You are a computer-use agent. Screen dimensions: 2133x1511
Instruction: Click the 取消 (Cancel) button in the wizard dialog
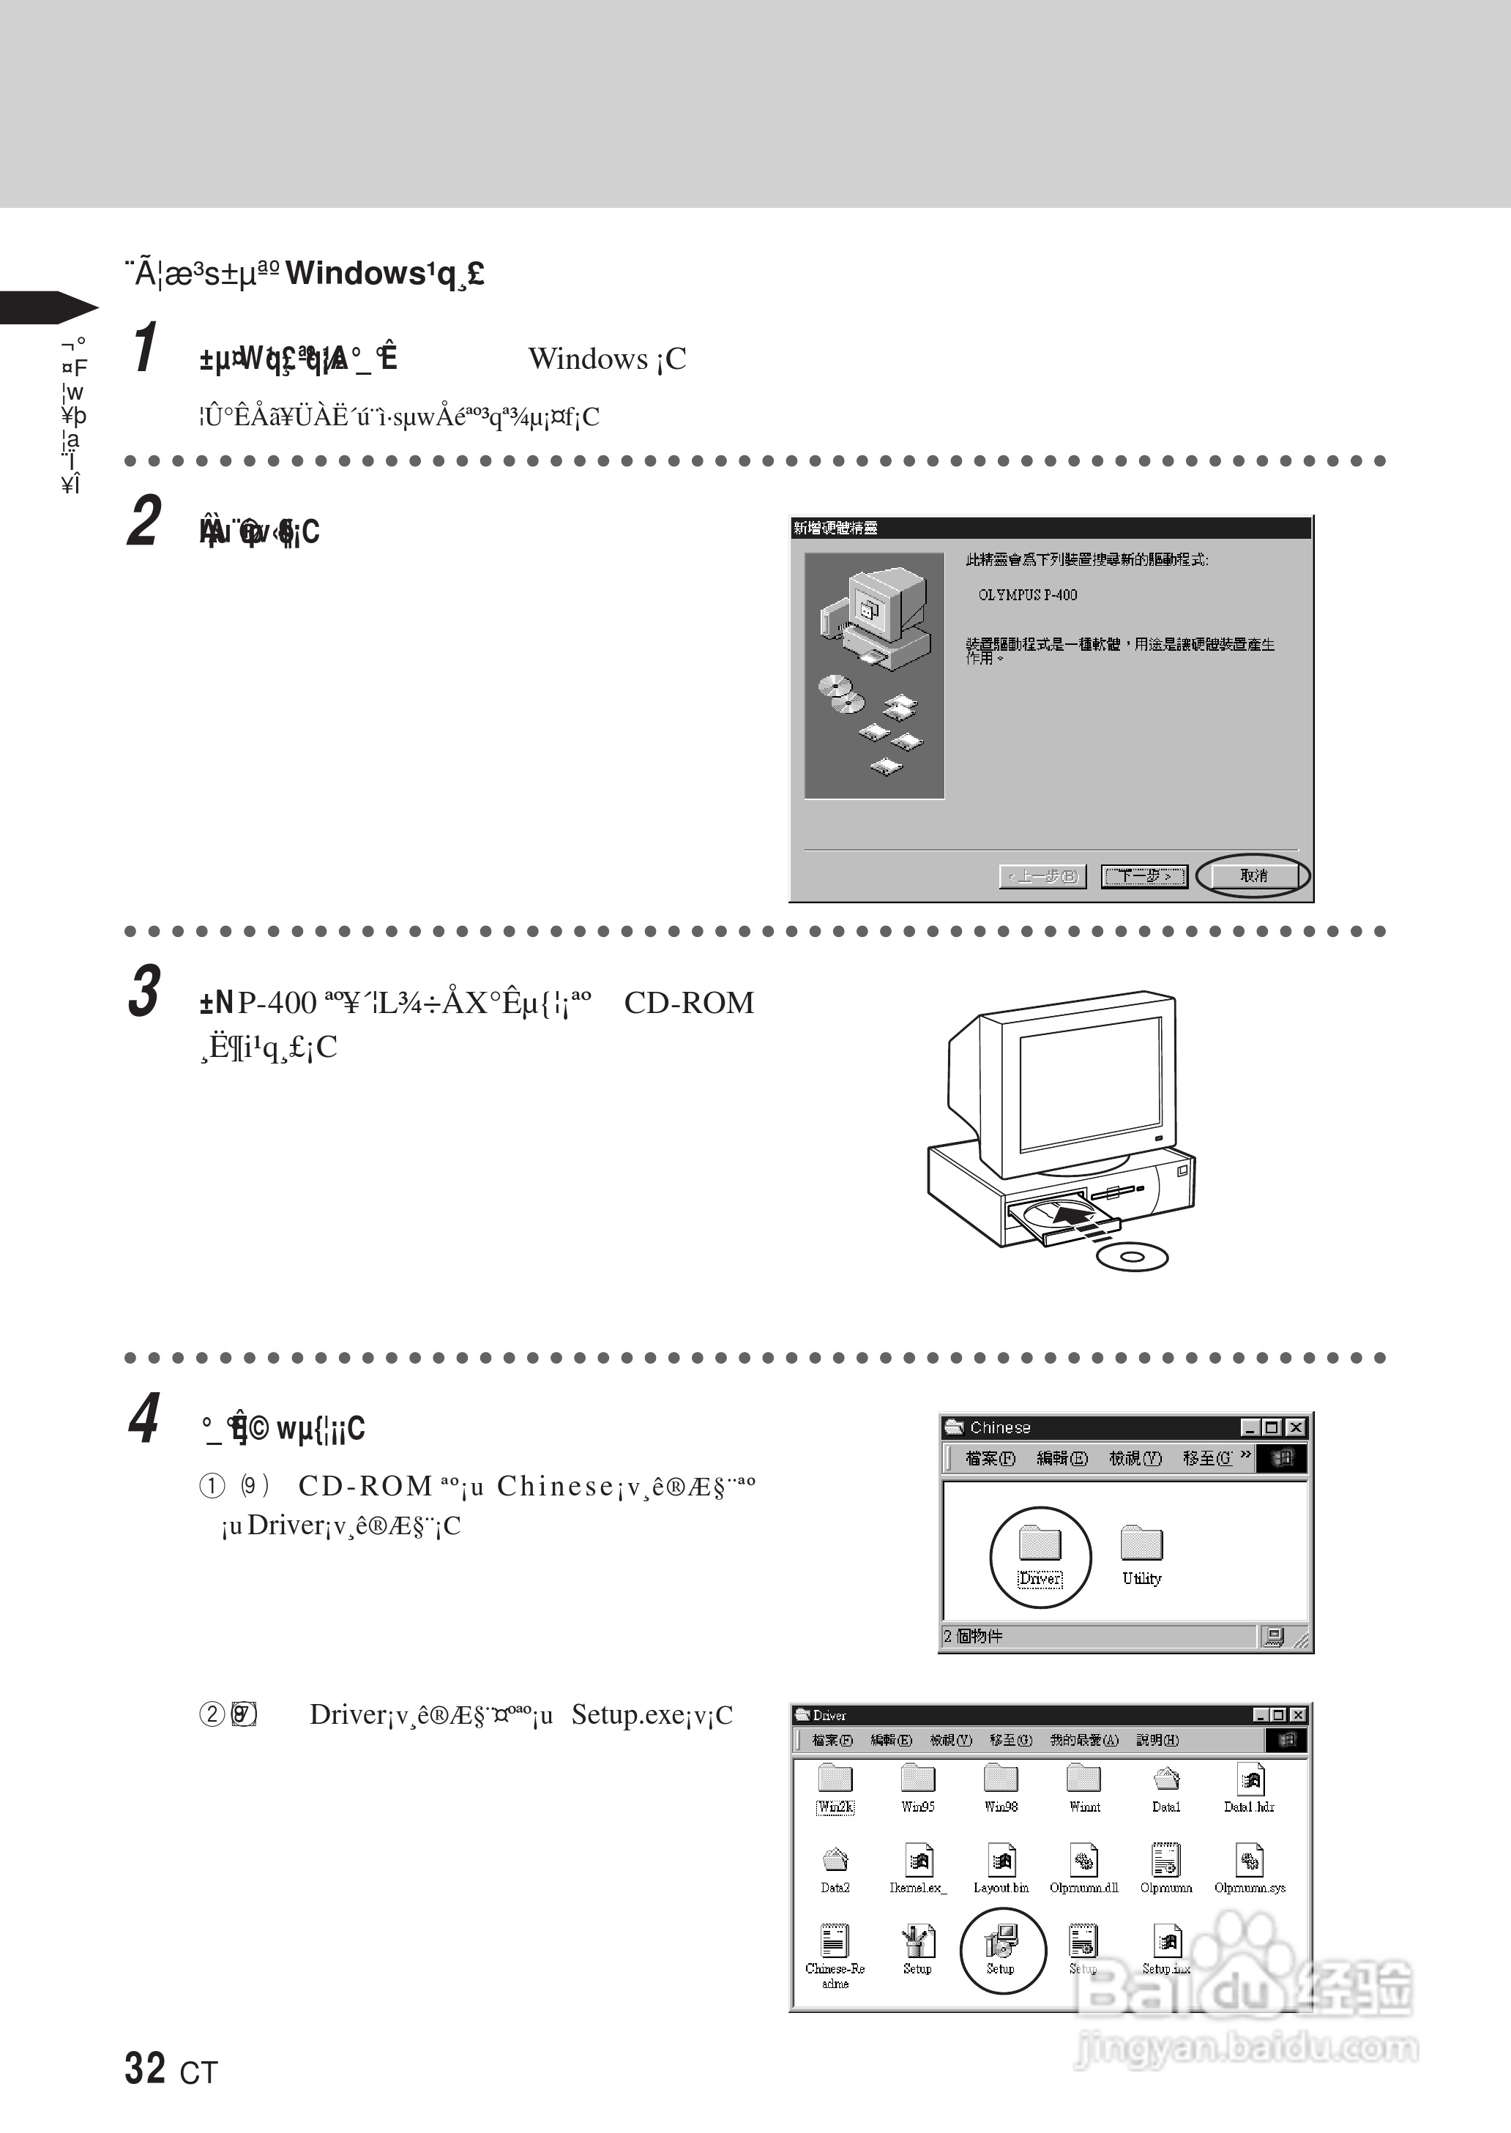(x=1253, y=875)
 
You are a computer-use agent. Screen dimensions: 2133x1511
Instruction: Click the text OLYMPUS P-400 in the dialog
(x=1027, y=595)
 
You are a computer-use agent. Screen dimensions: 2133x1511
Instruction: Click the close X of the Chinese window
(x=1294, y=1427)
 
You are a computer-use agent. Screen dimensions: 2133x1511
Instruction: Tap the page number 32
(x=145, y=2068)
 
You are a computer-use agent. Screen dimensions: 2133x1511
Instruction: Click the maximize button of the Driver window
(x=1280, y=1714)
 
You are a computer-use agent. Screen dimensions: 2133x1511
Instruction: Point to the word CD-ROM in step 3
(x=688, y=1003)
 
